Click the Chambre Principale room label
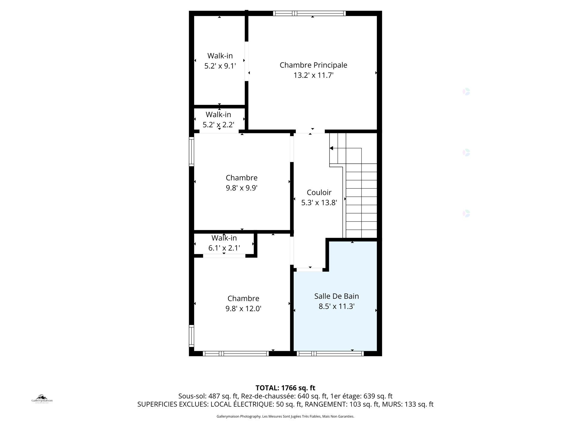[x=313, y=65]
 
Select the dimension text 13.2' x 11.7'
[x=313, y=75]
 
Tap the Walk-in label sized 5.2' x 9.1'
[x=220, y=56]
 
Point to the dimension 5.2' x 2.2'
[x=218, y=124]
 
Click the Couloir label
[x=319, y=193]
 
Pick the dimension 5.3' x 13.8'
[x=319, y=203]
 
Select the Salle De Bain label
[x=336, y=296]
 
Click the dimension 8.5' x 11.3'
[x=336, y=306]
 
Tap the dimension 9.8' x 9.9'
[x=242, y=188]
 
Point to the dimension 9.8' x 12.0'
[x=243, y=309]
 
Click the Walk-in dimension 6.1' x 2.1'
[x=224, y=248]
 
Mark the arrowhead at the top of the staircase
[x=331, y=148]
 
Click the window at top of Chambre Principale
[x=309, y=13]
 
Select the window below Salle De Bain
[x=330, y=354]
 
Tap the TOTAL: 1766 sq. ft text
[x=285, y=388]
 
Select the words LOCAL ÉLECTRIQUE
[x=242, y=404]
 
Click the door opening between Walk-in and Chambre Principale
[x=247, y=61]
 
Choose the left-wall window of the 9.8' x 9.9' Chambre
[x=191, y=151]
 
